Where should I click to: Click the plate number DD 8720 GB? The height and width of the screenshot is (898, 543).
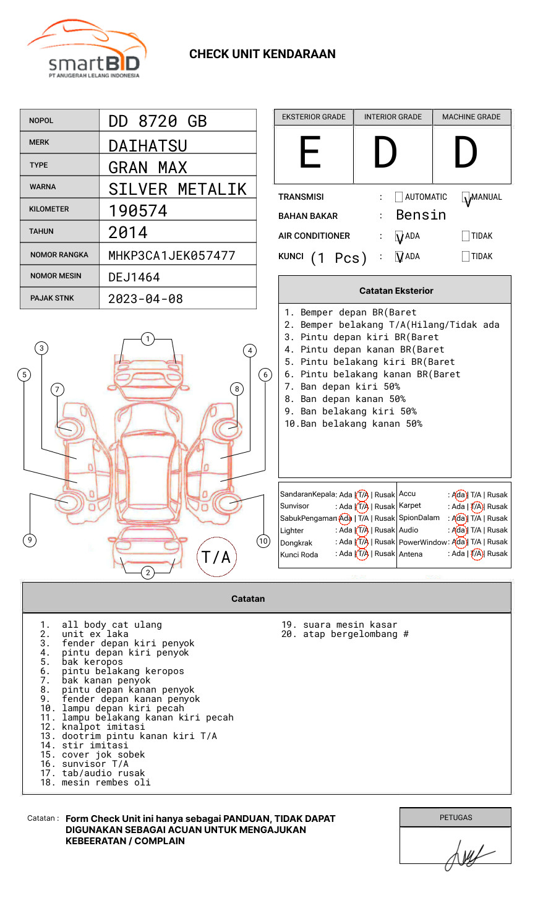pyautogui.click(x=157, y=121)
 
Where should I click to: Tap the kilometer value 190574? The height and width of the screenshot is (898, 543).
pyautogui.click(x=138, y=211)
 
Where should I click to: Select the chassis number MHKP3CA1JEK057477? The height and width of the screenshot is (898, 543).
pyautogui.click(x=171, y=255)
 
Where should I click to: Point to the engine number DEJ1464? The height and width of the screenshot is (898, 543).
pyautogui.click(x=134, y=277)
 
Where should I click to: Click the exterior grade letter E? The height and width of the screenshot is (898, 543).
pyautogui.click(x=310, y=153)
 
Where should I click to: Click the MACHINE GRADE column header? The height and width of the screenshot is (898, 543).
pyautogui.click(x=471, y=117)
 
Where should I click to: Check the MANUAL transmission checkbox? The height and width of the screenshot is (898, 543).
pyautogui.click(x=466, y=197)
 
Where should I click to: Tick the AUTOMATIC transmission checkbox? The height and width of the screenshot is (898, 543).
pyautogui.click(x=399, y=197)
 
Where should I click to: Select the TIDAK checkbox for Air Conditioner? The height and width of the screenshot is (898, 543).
pyautogui.click(x=466, y=236)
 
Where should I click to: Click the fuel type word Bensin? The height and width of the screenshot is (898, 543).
pyautogui.click(x=421, y=215)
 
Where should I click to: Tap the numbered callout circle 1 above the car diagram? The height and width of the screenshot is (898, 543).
pyautogui.click(x=147, y=339)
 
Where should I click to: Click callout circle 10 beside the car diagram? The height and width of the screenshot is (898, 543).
pyautogui.click(x=263, y=541)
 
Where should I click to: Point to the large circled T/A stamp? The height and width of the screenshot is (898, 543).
pyautogui.click(x=216, y=557)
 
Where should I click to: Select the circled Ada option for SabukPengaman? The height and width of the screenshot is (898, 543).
pyautogui.click(x=345, y=518)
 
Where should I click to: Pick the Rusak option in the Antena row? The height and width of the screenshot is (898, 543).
pyautogui.click(x=497, y=554)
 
